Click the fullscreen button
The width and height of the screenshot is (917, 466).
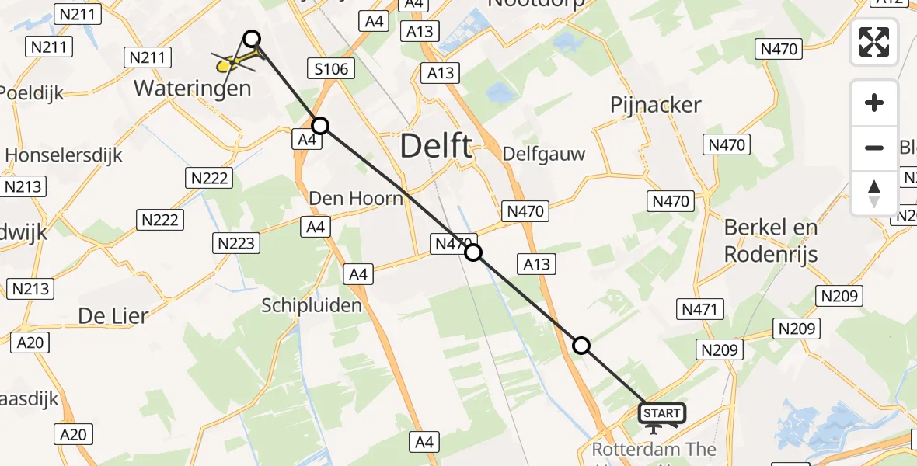[874, 41]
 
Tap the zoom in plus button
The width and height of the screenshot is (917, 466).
[874, 103]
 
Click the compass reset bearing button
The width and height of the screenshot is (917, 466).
[874, 193]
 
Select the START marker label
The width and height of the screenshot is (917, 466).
[661, 413]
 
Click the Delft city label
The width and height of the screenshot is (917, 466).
[436, 146]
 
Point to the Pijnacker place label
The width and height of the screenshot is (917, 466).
[656, 105]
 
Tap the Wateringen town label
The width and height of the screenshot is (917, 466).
[193, 88]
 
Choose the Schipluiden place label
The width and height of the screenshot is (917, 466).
[312, 305]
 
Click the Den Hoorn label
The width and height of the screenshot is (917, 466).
[356, 198]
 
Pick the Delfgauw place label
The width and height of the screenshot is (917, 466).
[544, 153]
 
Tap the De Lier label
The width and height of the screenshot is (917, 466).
[113, 315]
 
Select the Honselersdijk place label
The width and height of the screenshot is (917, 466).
[64, 155]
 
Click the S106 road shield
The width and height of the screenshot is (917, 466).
[331, 70]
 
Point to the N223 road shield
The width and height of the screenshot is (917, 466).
[235, 244]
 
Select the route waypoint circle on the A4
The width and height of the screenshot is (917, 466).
[320, 125]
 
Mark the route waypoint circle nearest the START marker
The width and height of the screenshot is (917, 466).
[581, 346]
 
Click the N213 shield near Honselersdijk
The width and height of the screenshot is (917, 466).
[23, 186]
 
